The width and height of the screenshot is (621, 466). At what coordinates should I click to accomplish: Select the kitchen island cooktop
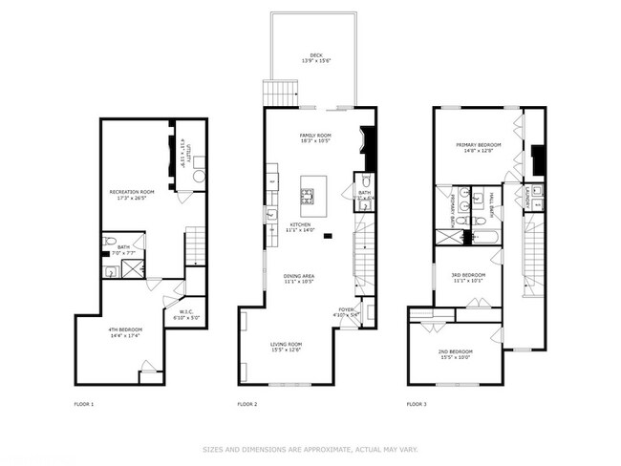pos(309,199)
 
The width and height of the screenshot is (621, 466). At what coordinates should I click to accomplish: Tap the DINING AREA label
pos(299,276)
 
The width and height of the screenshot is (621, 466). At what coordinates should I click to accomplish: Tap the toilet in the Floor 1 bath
pos(111,240)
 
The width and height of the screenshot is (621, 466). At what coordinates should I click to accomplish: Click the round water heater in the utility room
pos(198,177)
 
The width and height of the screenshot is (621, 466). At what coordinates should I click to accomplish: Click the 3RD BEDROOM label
pos(469,275)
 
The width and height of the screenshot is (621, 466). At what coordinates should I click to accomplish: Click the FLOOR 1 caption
pos(84,404)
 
